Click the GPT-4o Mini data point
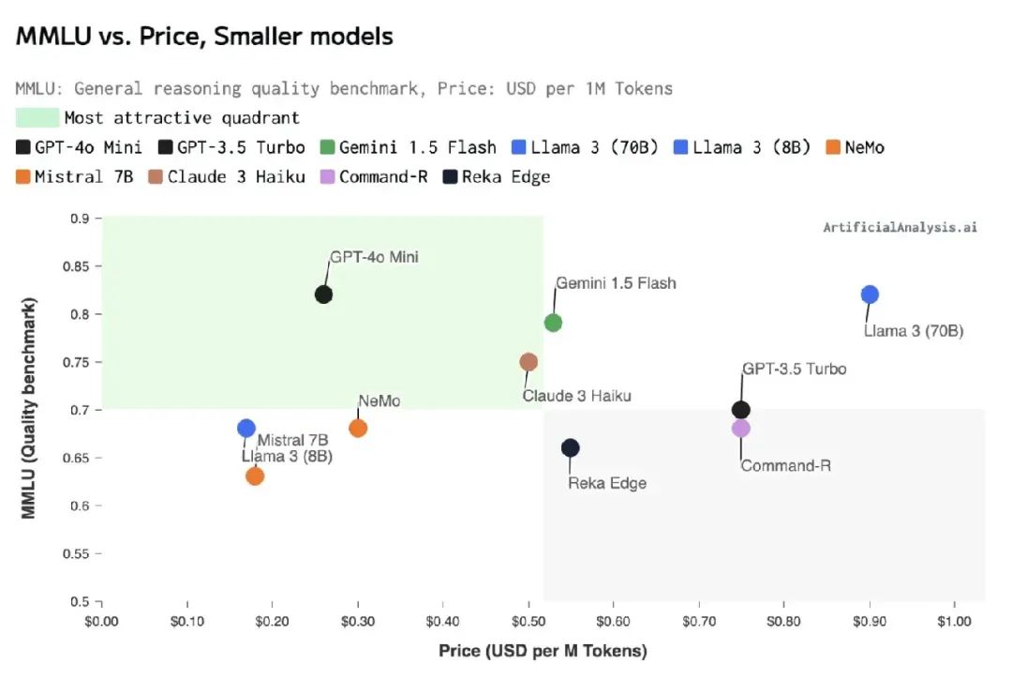point(324,294)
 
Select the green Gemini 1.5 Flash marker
point(553,323)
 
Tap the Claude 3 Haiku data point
point(528,362)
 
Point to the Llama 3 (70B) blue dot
point(870,294)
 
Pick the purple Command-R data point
point(740,428)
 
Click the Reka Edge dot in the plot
point(570,447)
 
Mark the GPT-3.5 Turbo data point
point(740,409)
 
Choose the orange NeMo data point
point(358,428)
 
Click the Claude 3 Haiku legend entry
point(227,176)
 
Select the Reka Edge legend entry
point(497,176)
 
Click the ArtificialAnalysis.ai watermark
point(900,227)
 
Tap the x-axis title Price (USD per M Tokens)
point(543,651)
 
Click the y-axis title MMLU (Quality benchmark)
point(30,409)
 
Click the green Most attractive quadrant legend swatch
point(37,118)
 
